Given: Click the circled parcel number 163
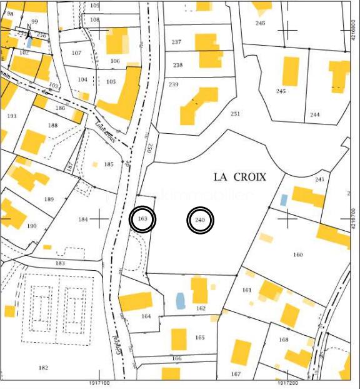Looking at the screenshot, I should click(x=142, y=220).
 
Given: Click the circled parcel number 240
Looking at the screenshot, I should click(x=201, y=220).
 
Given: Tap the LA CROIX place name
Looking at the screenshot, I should click(x=240, y=177).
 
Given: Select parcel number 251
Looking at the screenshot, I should click(x=235, y=114).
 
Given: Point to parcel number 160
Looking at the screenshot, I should click(x=297, y=255).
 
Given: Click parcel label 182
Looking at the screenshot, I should click(x=43, y=368).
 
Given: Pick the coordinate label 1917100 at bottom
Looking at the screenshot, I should click(x=97, y=383).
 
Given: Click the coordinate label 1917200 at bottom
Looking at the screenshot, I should click(x=289, y=383).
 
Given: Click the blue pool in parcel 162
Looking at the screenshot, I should click(x=181, y=301).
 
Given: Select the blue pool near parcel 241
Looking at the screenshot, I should click(x=284, y=200).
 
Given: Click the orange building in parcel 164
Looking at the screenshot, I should click(x=136, y=301).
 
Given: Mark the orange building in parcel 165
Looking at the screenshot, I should click(x=179, y=340).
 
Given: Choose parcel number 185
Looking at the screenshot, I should click(x=109, y=164).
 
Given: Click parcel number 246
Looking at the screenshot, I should click(x=261, y=23).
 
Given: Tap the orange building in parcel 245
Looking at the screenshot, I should click(x=291, y=71).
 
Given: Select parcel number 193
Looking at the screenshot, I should click(x=12, y=116).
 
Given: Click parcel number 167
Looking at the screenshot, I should click(x=236, y=374).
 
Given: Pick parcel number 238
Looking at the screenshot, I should click(x=178, y=65).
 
